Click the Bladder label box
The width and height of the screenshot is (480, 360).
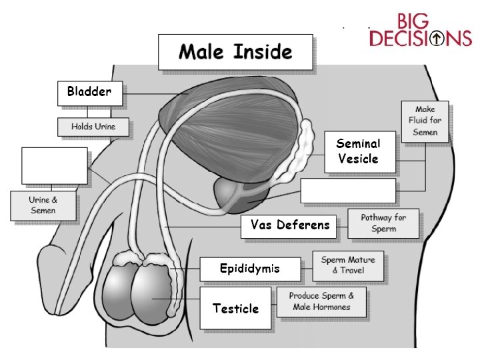coord(89,93)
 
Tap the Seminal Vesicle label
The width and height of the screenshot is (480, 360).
coord(358,151)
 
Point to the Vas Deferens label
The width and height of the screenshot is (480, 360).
coord(290,225)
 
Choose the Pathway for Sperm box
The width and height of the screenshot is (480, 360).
coord(383,223)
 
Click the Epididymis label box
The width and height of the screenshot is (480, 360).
coord(250,269)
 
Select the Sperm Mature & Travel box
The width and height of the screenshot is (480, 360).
coord(348,265)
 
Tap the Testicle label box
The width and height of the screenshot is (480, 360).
coord(235,308)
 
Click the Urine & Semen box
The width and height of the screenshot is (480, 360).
coord(43,205)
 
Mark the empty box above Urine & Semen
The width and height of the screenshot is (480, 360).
coord(55,165)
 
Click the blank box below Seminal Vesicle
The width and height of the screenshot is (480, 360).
coord(348,190)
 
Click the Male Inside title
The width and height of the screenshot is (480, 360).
coord(235,51)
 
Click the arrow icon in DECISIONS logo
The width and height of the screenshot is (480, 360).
coord(438,39)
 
